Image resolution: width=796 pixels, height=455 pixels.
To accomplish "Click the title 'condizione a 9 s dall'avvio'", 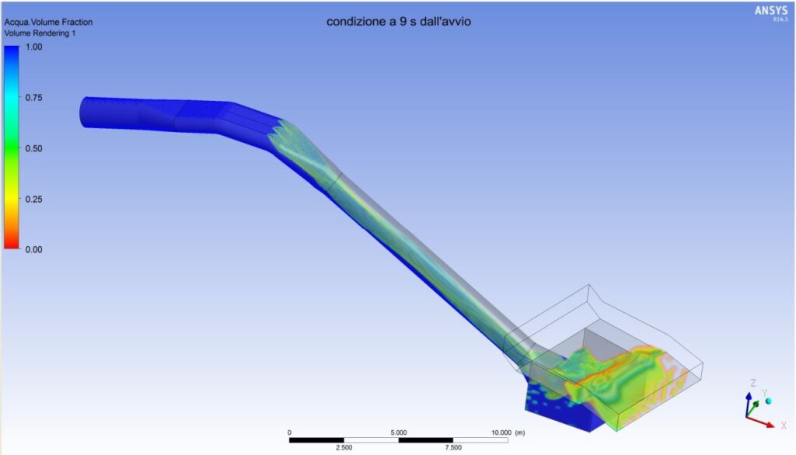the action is coord(399,22).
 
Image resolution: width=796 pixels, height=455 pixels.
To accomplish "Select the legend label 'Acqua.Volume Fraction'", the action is coord(48,23).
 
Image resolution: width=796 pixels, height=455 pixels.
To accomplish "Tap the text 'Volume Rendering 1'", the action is coord(40,33).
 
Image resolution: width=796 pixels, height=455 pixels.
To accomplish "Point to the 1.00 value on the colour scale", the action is coord(34,47).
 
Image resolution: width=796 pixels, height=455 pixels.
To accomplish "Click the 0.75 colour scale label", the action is coord(34,98).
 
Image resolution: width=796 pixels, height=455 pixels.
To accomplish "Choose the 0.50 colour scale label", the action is coord(34,148).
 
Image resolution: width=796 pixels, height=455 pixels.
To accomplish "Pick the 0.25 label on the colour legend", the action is coord(34,200).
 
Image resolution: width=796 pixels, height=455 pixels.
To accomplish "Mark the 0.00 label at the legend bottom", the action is coord(34,249).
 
